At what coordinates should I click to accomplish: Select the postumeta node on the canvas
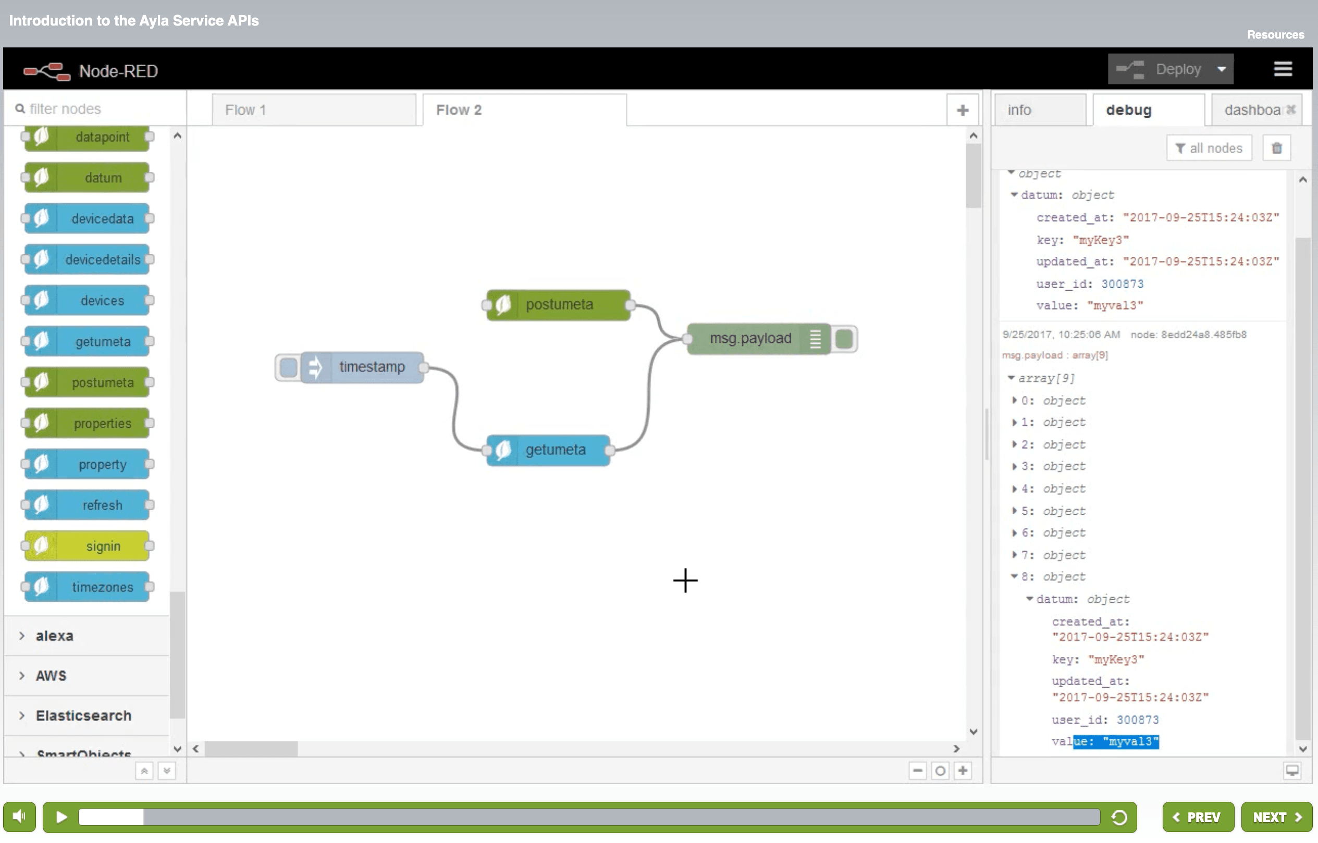click(559, 304)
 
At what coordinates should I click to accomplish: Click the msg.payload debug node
click(749, 338)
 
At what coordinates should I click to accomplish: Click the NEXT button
click(1275, 817)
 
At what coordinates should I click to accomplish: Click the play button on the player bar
click(61, 817)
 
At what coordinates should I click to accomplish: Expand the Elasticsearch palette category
click(83, 715)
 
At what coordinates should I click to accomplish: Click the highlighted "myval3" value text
click(1130, 741)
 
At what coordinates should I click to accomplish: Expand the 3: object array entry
click(1014, 466)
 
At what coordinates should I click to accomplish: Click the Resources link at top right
click(1275, 34)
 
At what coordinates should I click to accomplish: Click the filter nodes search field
click(98, 109)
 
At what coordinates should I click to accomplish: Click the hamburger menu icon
click(1283, 69)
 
